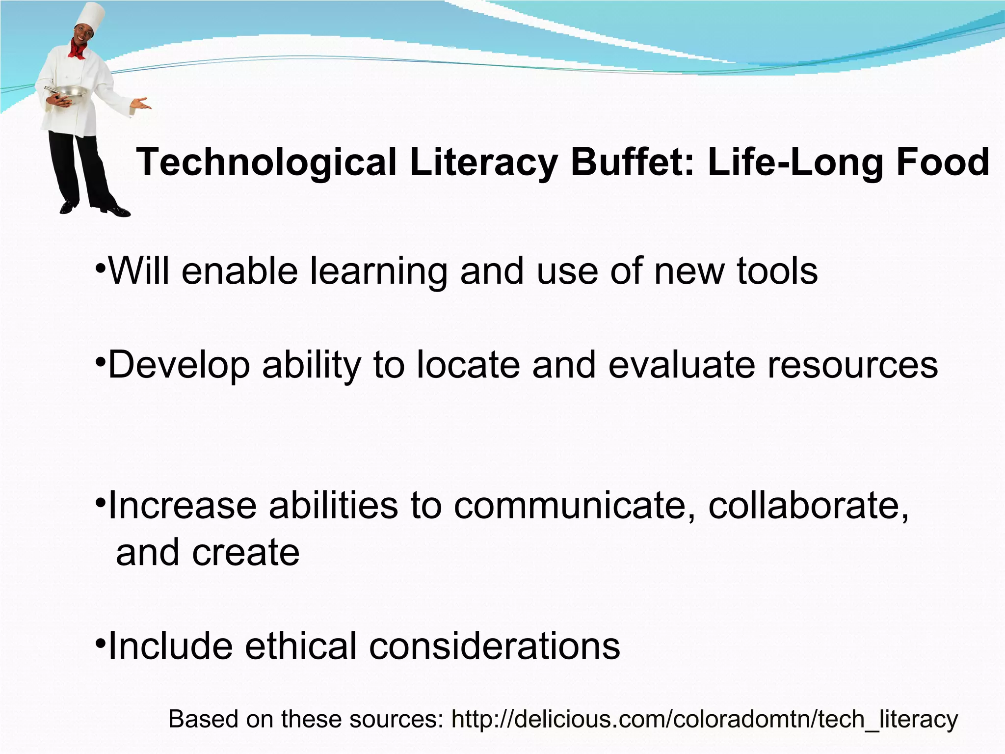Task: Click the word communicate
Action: click(574, 506)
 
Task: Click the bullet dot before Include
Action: click(100, 643)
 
